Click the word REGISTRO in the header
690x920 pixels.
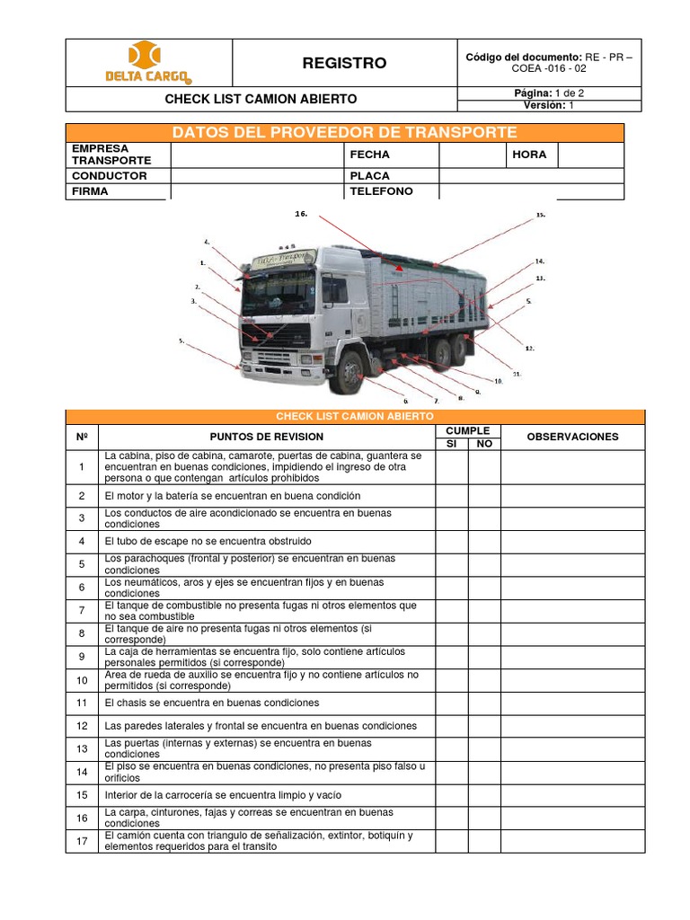(x=344, y=63)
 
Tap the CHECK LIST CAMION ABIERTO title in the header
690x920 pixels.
(x=261, y=99)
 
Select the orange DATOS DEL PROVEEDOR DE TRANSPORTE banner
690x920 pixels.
(x=344, y=133)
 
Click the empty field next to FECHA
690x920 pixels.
(x=471, y=155)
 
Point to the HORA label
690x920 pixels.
(x=529, y=155)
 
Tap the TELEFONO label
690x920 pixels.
(x=381, y=191)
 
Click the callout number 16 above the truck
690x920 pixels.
(x=301, y=214)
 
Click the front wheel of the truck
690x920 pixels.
(x=346, y=374)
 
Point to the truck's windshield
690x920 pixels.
(x=279, y=292)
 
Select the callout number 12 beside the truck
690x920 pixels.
(x=530, y=348)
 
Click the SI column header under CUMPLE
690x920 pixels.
(x=452, y=444)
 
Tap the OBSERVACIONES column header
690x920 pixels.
(x=572, y=437)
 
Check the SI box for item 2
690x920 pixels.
(x=452, y=496)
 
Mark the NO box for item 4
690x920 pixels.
(x=484, y=542)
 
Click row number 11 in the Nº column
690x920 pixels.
(x=82, y=703)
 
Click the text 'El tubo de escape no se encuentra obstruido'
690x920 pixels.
(x=208, y=542)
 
